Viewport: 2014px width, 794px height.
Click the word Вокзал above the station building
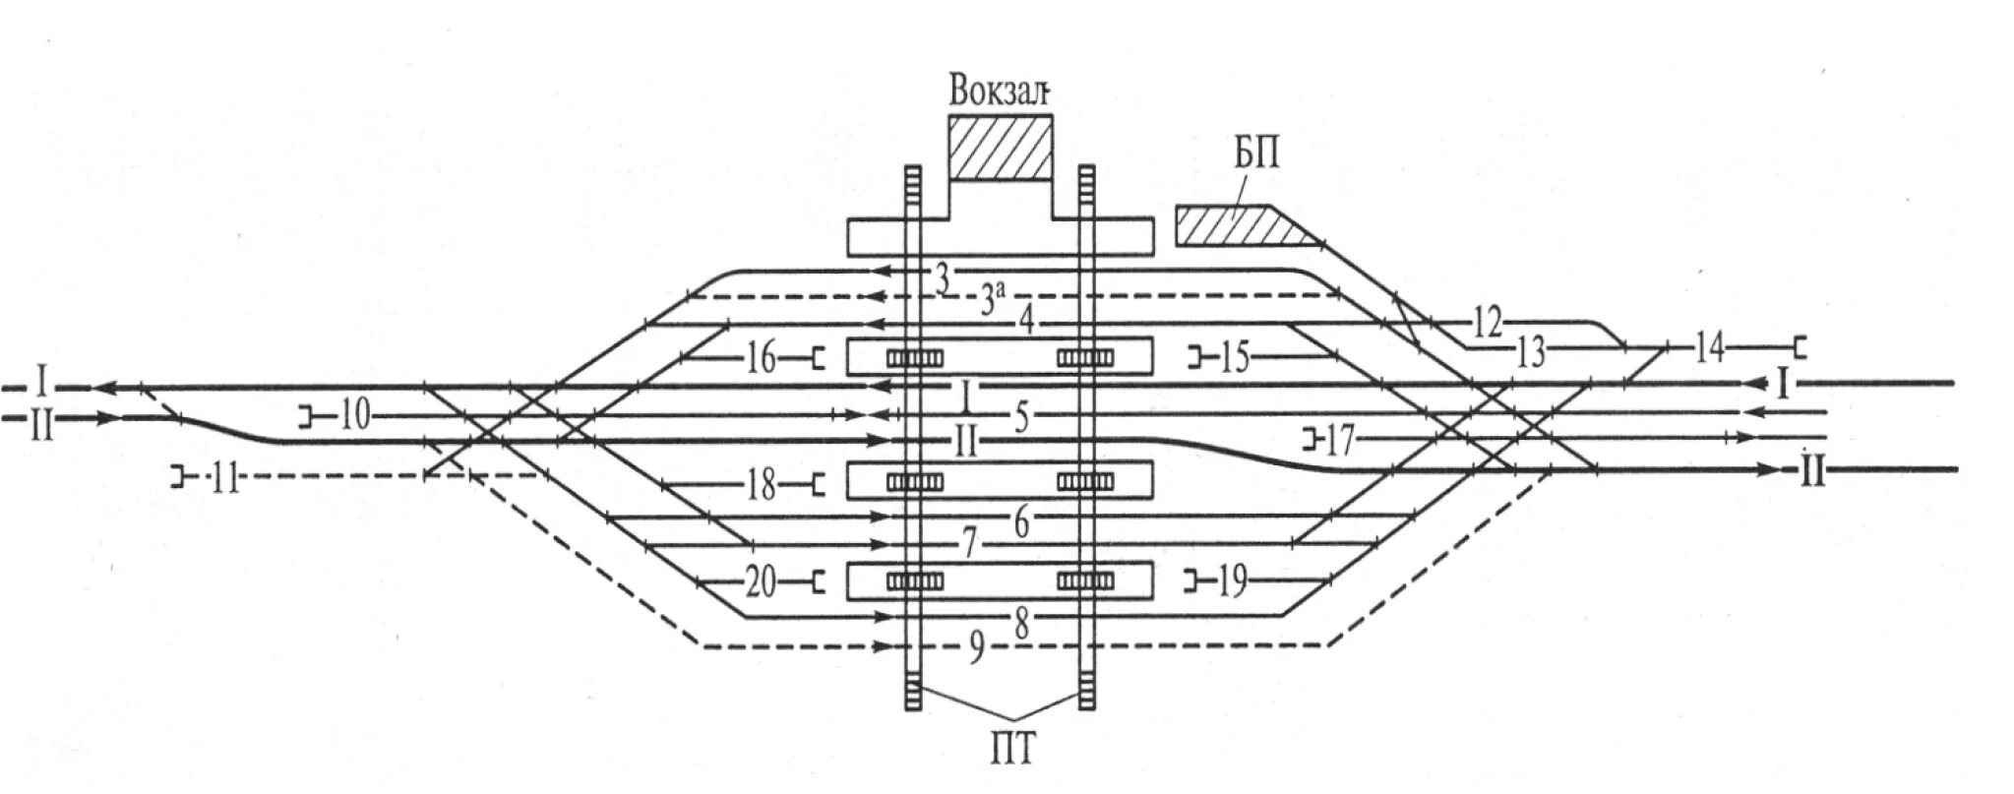coord(1000,92)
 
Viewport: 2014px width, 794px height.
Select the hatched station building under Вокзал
coord(1000,148)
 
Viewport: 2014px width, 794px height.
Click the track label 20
coord(761,584)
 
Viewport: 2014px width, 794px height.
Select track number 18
coord(761,485)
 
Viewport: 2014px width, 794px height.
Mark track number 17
coord(1338,441)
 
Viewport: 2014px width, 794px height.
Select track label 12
coord(1488,321)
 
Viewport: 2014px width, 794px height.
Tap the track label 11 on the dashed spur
coord(225,481)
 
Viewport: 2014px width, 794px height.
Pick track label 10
coord(354,417)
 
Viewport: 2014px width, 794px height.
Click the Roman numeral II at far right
coord(1811,473)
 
